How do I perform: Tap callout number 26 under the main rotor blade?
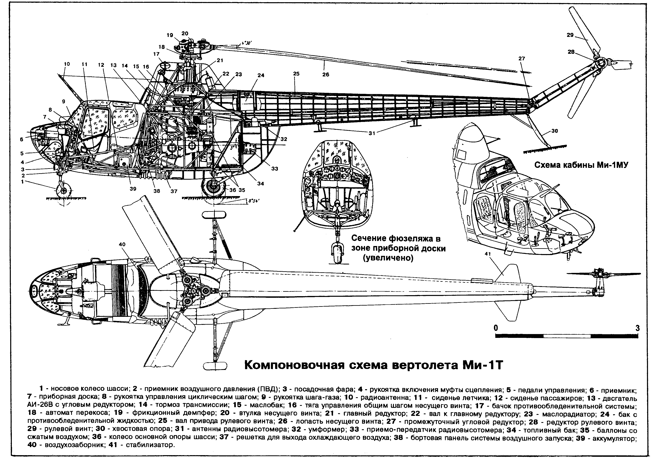326,74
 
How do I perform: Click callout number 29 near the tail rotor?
570,35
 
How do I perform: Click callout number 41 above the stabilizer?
488,254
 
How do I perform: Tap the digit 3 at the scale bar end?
638,328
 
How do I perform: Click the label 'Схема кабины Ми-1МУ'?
581,165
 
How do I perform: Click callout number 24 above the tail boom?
261,75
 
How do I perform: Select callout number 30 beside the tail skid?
554,131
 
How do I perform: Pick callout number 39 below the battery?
133,189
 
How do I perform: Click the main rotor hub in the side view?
189,46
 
